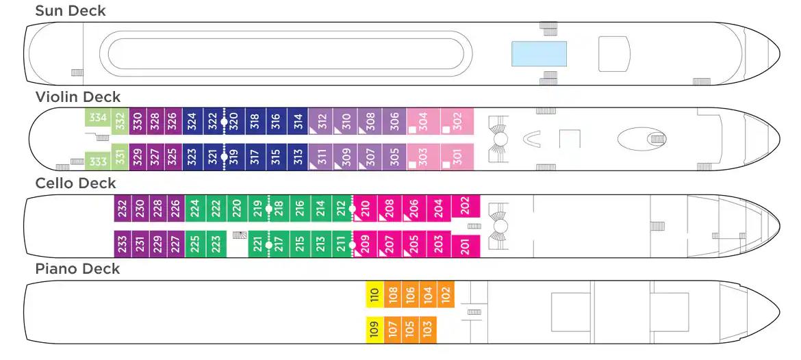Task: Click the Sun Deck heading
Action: pyautogui.click(x=71, y=11)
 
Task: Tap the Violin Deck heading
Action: pyautogui.click(x=77, y=97)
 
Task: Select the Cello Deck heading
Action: pyautogui.click(x=76, y=183)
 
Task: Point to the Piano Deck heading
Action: pyautogui.click(x=77, y=269)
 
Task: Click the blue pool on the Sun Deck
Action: pyautogui.click(x=539, y=53)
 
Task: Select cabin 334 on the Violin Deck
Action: pyautogui.click(x=98, y=118)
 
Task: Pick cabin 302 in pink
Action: pyautogui.click(x=457, y=122)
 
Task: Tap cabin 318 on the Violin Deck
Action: pyautogui.click(x=255, y=122)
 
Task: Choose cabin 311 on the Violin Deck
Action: pyautogui.click(x=319, y=159)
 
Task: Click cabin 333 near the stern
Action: pyautogui.click(x=98, y=162)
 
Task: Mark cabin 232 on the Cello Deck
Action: pyautogui.click(x=122, y=208)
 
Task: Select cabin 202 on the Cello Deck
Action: pyautogui.click(x=466, y=205)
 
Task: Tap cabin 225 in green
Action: pyautogui.click(x=194, y=244)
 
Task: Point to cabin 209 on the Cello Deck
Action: pyautogui.click(x=364, y=244)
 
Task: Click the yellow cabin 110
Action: pyautogui.click(x=374, y=294)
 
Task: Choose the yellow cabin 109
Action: pyautogui.click(x=374, y=330)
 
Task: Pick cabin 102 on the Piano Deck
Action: pyautogui.click(x=445, y=294)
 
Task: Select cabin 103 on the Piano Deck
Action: pyautogui.click(x=427, y=330)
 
